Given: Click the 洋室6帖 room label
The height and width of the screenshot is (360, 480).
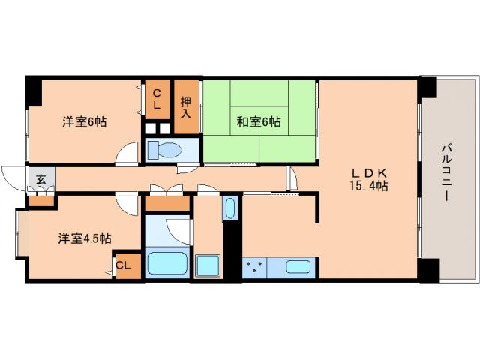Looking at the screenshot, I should pyautogui.click(x=84, y=121).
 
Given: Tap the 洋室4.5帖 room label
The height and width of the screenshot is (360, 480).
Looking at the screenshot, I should pyautogui.click(x=85, y=238).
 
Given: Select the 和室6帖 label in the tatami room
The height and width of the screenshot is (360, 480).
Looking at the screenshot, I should pyautogui.click(x=259, y=121).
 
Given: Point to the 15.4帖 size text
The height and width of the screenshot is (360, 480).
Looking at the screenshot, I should pyautogui.click(x=368, y=186).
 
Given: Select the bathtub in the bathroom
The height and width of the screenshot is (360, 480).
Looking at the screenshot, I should pyautogui.click(x=166, y=264).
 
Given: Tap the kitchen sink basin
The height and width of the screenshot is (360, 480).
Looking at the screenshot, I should pyautogui.click(x=298, y=267).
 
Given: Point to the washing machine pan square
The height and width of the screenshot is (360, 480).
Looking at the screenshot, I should pyautogui.click(x=207, y=265).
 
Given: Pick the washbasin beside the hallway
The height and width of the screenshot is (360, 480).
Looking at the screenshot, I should pyautogui.click(x=230, y=208).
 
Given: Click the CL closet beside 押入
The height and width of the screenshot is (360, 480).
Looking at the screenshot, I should pyautogui.click(x=157, y=99).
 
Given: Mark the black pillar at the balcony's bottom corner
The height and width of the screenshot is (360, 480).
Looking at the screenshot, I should pyautogui.click(x=427, y=269).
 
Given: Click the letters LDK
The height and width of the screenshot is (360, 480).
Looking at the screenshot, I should pyautogui.click(x=367, y=172).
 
